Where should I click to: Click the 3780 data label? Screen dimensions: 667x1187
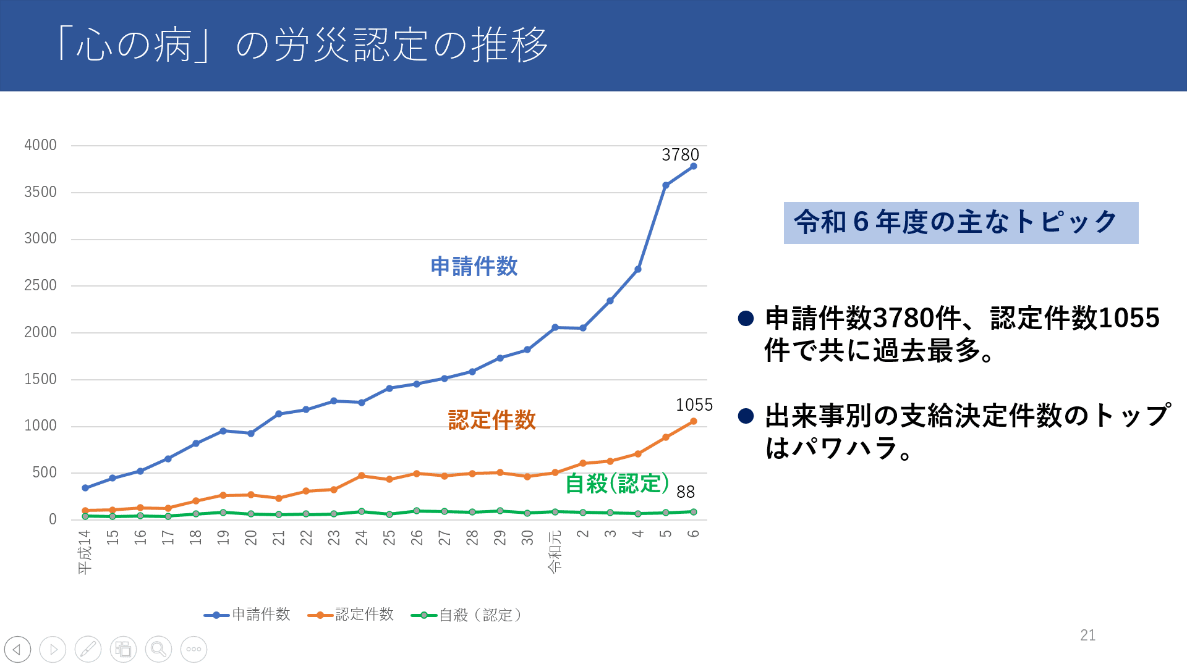(x=680, y=155)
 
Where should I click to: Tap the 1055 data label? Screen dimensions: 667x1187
(x=694, y=405)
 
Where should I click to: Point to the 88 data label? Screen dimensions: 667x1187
(x=686, y=492)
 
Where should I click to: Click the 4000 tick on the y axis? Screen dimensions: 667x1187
(x=40, y=145)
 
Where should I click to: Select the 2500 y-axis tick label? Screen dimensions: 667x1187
(x=40, y=285)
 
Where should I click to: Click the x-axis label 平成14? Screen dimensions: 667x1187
(x=85, y=552)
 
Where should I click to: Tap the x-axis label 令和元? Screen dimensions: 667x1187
(x=555, y=552)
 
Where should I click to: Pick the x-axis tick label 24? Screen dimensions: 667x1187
(x=361, y=537)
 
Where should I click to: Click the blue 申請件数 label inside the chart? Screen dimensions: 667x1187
(x=474, y=267)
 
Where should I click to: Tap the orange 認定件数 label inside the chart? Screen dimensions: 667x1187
(x=491, y=420)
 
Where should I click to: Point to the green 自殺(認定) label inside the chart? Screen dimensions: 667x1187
(x=617, y=484)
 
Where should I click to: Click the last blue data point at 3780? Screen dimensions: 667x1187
(x=693, y=166)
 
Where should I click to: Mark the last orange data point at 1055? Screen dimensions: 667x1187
(x=693, y=421)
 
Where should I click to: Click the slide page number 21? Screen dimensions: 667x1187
(x=1087, y=635)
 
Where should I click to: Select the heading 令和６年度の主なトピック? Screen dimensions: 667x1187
(x=960, y=222)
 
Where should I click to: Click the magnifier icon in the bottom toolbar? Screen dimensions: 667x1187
(x=158, y=649)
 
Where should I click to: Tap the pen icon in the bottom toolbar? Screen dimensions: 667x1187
(x=88, y=649)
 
